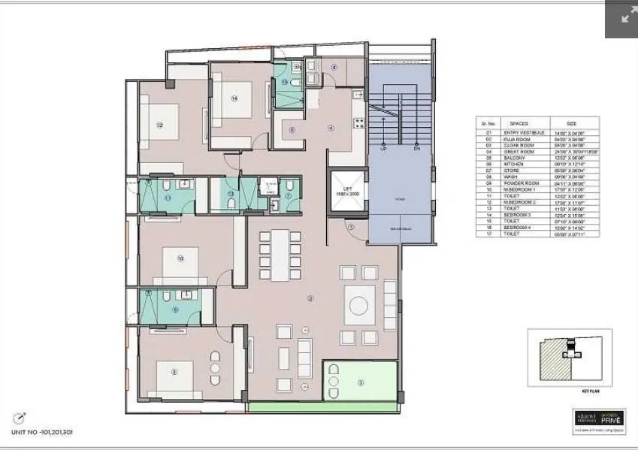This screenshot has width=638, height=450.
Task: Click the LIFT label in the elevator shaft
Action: [347, 188]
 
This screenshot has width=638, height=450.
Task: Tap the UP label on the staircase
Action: [384, 148]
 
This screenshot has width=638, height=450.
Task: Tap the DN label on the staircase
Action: [416, 148]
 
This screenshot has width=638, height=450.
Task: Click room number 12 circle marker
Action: [159, 125]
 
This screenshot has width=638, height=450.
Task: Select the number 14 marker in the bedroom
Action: [234, 98]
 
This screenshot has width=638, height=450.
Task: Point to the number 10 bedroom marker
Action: [180, 258]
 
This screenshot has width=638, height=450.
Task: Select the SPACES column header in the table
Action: [519, 122]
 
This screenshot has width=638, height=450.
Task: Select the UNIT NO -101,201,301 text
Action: [42, 432]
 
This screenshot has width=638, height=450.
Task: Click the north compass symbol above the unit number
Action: [20, 418]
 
